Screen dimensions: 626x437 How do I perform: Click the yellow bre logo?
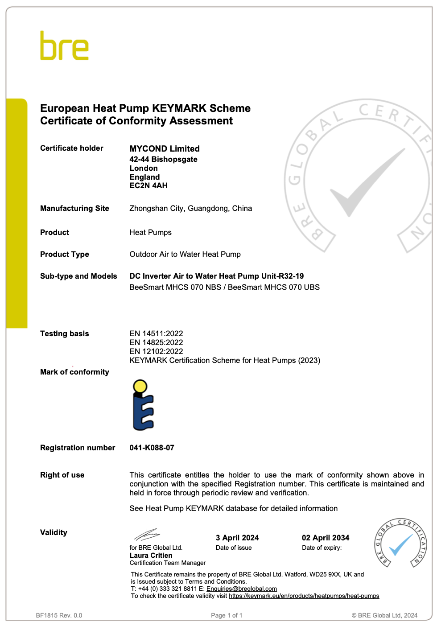point(64,46)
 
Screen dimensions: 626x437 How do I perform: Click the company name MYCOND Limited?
point(165,149)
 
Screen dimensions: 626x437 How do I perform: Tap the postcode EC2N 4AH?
point(148,185)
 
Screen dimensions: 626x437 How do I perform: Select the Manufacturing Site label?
point(74,208)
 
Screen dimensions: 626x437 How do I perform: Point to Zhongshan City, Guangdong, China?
point(190,208)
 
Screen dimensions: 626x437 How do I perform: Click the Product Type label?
point(65,254)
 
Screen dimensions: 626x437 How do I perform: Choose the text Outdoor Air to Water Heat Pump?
point(185,254)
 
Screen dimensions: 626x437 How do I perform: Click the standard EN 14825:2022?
point(156,342)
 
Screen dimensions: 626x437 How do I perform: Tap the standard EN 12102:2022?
point(156,351)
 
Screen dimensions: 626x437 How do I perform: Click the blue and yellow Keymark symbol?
point(143,405)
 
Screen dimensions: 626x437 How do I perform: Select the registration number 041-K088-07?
point(152,448)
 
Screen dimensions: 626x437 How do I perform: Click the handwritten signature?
point(147,534)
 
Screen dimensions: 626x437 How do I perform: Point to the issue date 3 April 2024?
point(237,538)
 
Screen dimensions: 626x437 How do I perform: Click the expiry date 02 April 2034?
point(326,538)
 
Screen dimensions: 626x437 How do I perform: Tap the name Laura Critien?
point(151,556)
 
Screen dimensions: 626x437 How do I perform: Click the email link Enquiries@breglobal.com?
point(242,589)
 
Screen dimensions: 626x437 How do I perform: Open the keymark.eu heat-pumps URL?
point(304,596)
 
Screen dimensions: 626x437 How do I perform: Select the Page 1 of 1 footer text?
point(227,615)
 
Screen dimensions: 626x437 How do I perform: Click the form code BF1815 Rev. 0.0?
point(59,615)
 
